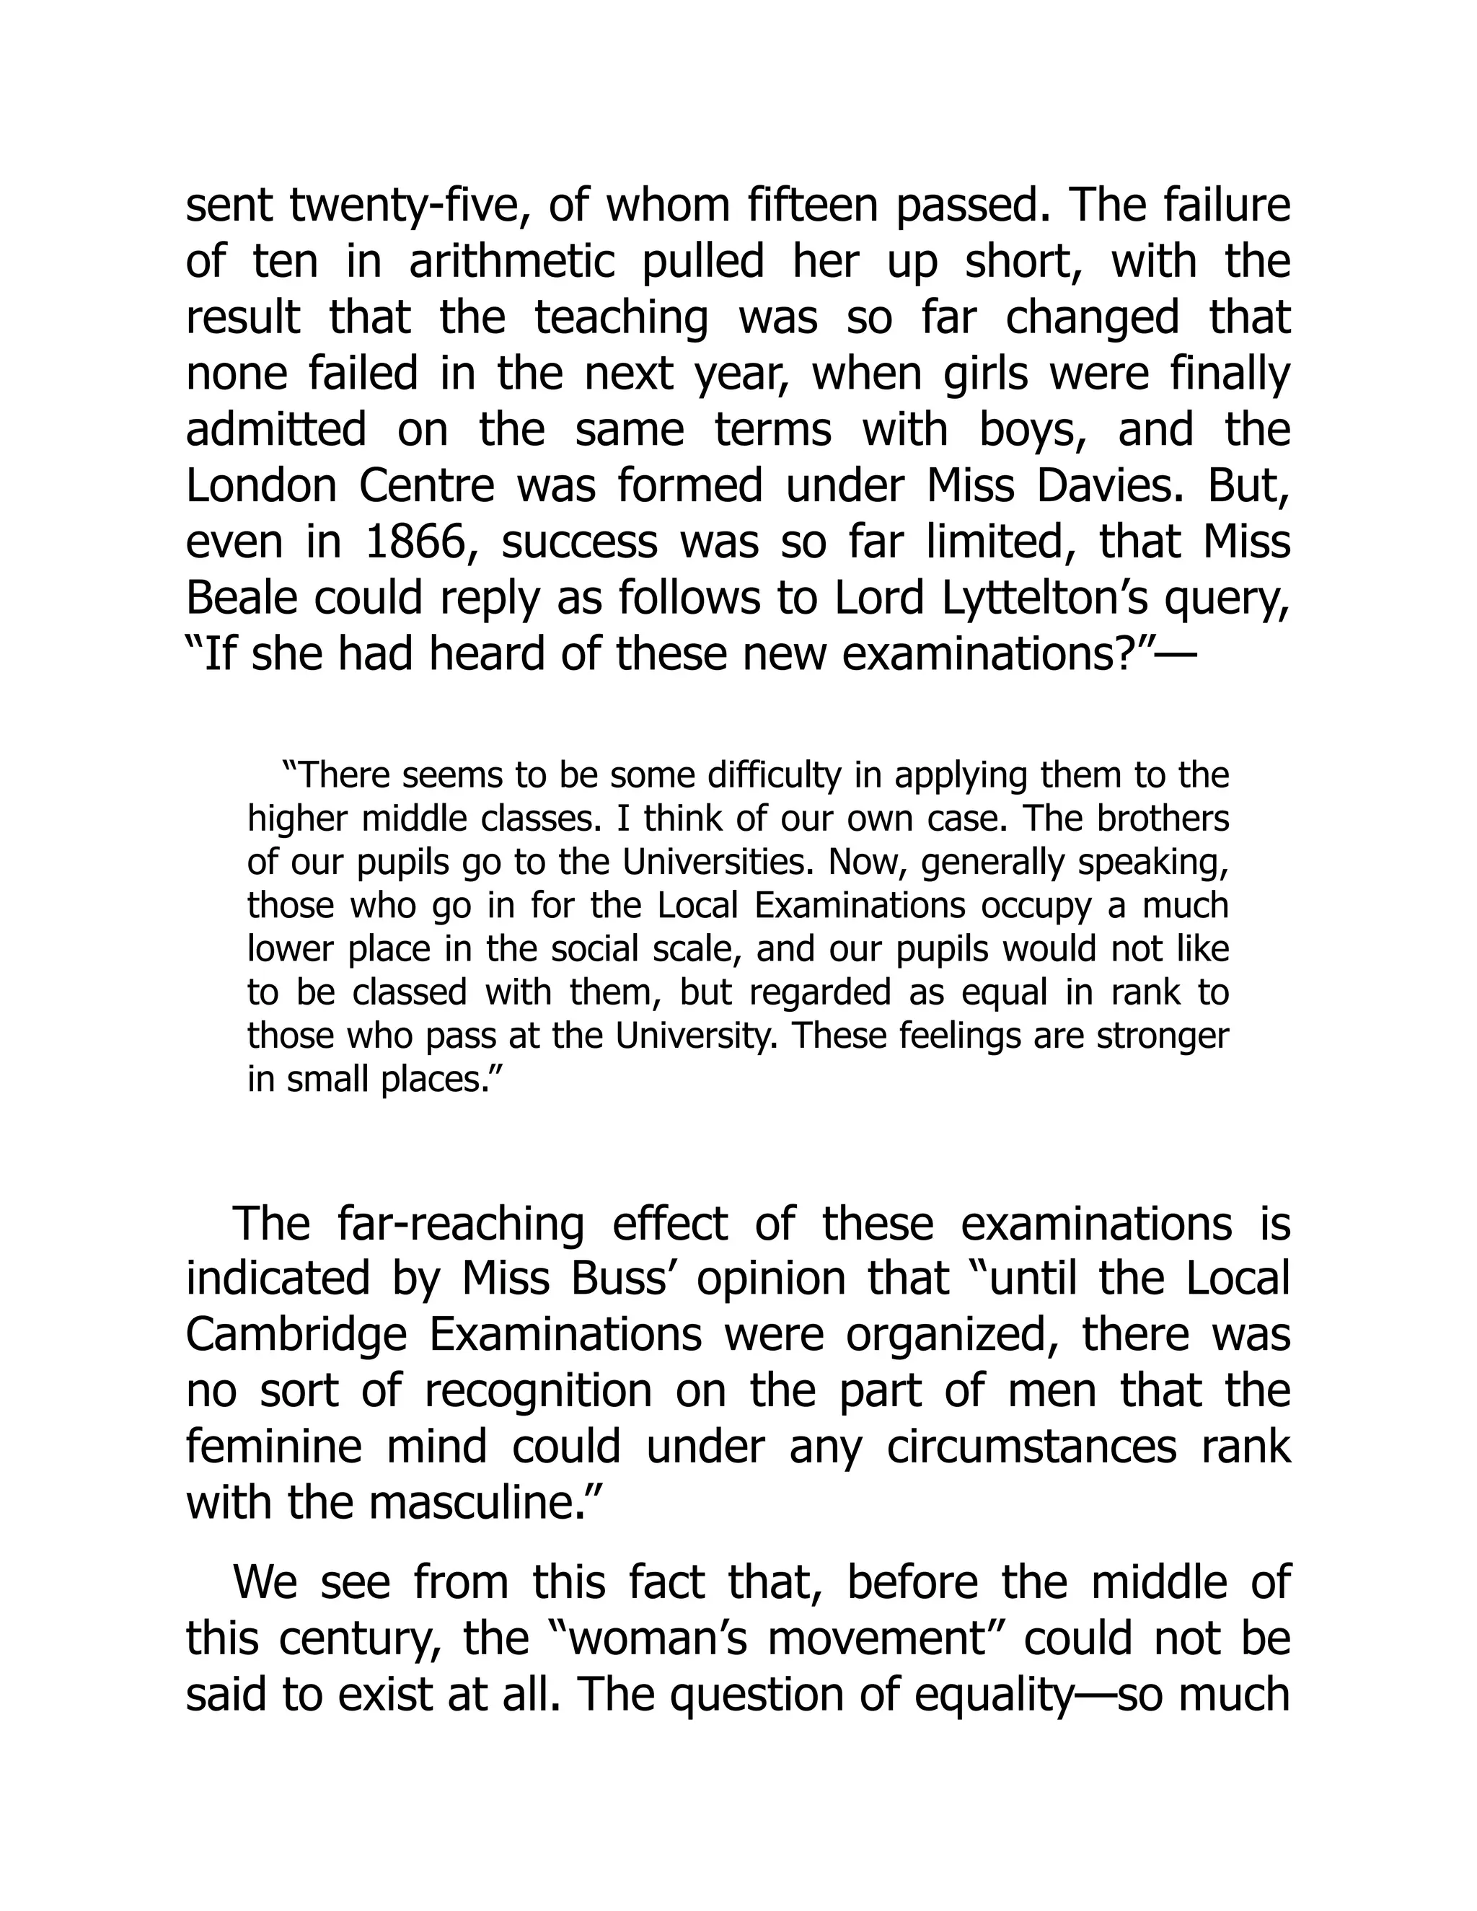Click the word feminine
[273, 1447]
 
